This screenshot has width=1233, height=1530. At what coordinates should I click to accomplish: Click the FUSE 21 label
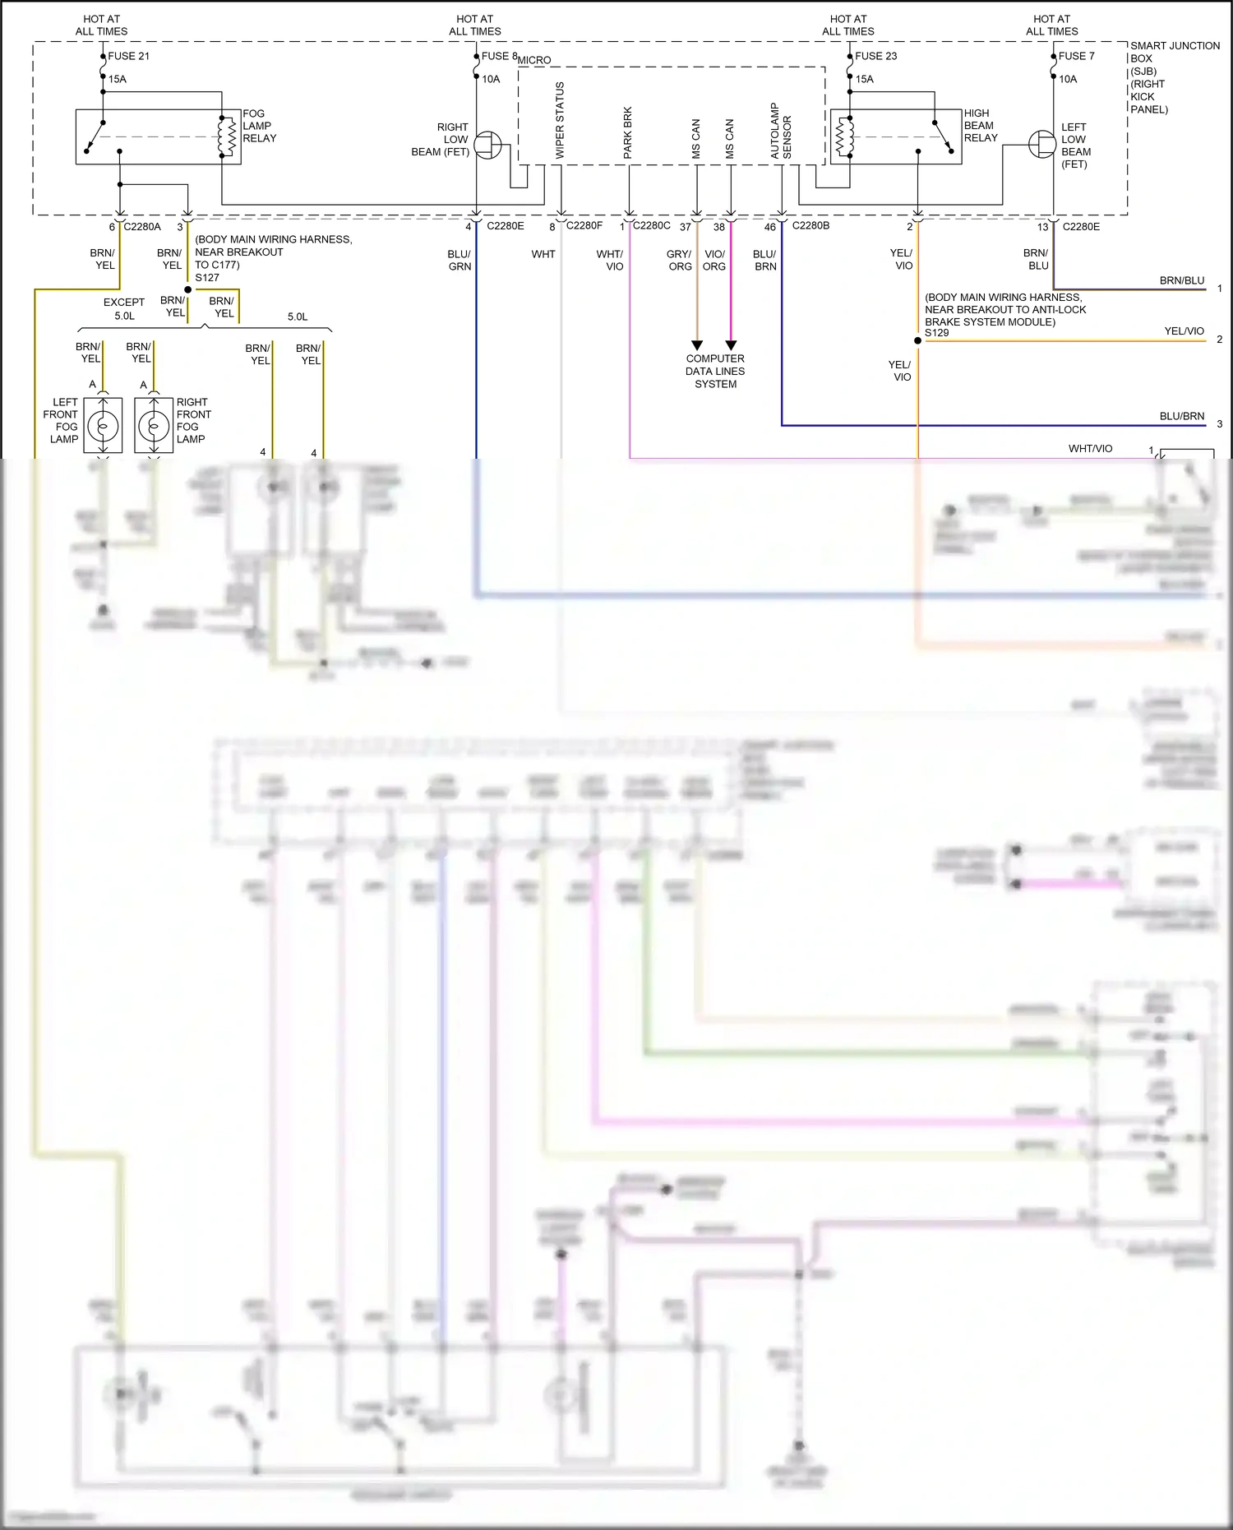pyautogui.click(x=129, y=56)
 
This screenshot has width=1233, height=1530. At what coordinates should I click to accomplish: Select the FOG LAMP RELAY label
pyautogui.click(x=259, y=126)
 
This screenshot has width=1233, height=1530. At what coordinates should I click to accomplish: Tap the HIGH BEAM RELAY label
pyautogui.click(x=981, y=126)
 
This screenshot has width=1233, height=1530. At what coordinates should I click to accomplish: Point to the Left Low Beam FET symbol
pyautogui.click(x=1042, y=146)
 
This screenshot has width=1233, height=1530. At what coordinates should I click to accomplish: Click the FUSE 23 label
pyautogui.click(x=875, y=56)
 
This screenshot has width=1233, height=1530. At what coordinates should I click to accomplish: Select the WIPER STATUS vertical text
pyautogui.click(x=560, y=120)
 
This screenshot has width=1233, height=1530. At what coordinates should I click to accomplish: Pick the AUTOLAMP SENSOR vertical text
pyautogui.click(x=780, y=132)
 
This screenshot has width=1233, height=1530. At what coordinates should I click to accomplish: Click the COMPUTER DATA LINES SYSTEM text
pyautogui.click(x=715, y=371)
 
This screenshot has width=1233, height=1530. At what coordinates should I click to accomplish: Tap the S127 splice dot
pyautogui.click(x=187, y=289)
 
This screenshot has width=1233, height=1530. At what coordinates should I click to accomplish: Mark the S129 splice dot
pyautogui.click(x=917, y=340)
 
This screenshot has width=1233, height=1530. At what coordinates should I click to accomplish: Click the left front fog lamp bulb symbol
pyautogui.click(x=103, y=426)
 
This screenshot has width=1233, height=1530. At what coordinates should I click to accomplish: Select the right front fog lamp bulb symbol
pyautogui.click(x=154, y=426)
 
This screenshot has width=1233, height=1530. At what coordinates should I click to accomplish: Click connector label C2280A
pyautogui.click(x=142, y=226)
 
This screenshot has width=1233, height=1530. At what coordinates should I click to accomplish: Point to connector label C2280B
pyautogui.click(x=810, y=225)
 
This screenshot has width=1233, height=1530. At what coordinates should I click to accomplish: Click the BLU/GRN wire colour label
pyautogui.click(x=459, y=260)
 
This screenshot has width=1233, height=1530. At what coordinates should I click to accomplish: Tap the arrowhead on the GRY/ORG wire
pyautogui.click(x=697, y=345)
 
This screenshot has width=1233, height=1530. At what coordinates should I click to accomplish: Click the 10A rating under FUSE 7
pyautogui.click(x=1068, y=79)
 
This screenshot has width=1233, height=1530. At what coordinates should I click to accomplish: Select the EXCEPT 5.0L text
pyautogui.click(x=124, y=308)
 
